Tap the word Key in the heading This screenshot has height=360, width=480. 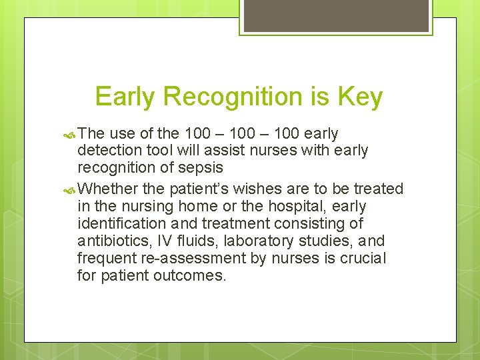pos(359,97)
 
